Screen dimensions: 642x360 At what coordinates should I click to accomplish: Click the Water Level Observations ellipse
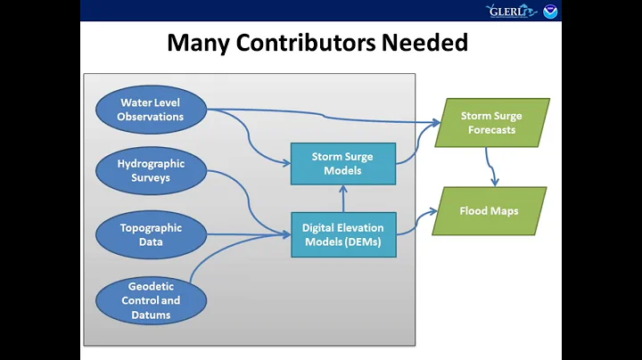point(152,110)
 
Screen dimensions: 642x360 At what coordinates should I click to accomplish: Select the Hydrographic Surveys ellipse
point(152,170)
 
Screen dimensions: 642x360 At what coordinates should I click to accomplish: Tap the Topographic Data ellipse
point(152,233)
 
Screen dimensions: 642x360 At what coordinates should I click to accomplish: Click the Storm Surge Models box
point(342,163)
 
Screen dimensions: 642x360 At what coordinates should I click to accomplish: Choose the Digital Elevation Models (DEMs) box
point(342,234)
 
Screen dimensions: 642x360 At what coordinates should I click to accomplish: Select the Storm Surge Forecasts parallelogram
point(491,123)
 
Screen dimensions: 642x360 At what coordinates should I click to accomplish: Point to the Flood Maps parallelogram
point(489,211)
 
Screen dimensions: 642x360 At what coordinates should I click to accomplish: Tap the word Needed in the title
point(427,42)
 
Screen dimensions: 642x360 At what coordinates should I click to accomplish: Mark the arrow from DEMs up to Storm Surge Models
point(342,199)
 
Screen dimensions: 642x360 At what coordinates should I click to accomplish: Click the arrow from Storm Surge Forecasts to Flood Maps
point(490,166)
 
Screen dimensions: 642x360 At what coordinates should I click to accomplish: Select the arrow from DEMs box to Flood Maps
point(415,223)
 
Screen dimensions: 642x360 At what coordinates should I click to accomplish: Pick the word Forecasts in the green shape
point(491,130)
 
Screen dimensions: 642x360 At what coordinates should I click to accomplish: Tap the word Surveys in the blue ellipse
point(152,177)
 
